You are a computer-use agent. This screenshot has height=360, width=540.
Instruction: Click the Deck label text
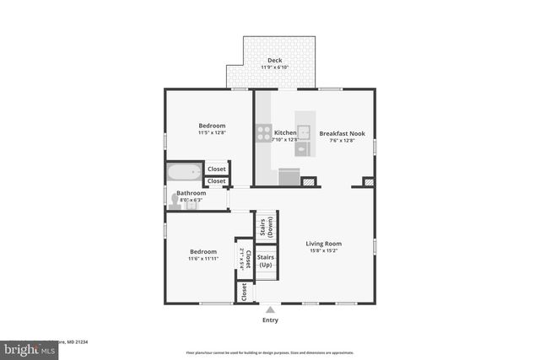click(275, 61)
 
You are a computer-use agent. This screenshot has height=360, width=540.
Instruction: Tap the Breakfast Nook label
click(342, 133)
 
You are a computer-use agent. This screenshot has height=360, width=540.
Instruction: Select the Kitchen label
click(285, 133)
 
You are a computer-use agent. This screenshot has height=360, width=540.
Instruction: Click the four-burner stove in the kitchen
click(263, 133)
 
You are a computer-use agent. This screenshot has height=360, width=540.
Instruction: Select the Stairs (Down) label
click(266, 226)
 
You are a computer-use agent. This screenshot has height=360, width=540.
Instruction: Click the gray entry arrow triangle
click(270, 309)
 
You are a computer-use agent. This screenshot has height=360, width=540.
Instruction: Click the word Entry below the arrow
click(270, 320)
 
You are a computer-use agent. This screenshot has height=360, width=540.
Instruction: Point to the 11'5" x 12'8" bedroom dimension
click(212, 133)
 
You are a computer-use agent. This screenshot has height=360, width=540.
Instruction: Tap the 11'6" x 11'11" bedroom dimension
click(202, 259)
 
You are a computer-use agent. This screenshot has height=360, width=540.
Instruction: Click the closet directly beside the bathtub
click(217, 169)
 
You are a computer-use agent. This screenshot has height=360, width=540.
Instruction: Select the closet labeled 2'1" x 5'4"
click(244, 260)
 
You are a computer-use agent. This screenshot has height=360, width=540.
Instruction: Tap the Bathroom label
click(192, 193)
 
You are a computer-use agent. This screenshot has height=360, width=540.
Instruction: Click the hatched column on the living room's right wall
click(369, 181)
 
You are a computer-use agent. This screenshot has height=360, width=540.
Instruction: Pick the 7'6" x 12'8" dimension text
click(342, 141)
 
